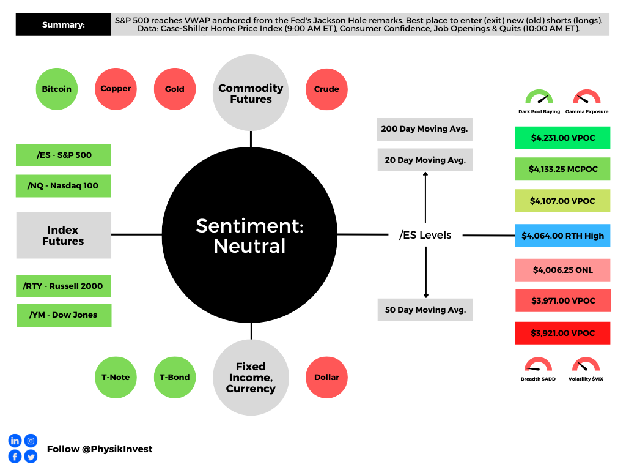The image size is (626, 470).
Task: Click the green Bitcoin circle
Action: pyautogui.click(x=57, y=89)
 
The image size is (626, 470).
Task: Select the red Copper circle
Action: pyautogui.click(x=116, y=89)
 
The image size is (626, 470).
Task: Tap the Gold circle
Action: pyautogui.click(x=175, y=89)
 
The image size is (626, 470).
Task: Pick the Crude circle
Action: pyautogui.click(x=326, y=89)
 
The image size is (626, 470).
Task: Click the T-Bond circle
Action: pyautogui.click(x=175, y=377)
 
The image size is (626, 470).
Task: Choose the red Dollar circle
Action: pyautogui.click(x=326, y=377)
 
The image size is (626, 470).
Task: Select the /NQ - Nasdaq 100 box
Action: pyautogui.click(x=63, y=186)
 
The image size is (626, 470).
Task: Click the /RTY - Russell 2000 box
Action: pyautogui.click(x=64, y=286)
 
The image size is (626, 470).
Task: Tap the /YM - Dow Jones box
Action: pyautogui.click(x=64, y=315)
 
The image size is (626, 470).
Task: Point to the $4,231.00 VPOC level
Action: pyautogui.click(x=562, y=138)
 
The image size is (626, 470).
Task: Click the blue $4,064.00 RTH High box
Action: pyautogui.click(x=562, y=236)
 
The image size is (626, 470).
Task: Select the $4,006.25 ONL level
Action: pyautogui.click(x=562, y=270)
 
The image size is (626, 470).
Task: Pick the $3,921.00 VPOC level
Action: pyautogui.click(x=562, y=333)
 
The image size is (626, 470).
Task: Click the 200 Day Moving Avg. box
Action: pyautogui.click(x=425, y=129)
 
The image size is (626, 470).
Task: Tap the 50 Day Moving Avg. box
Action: pyautogui.click(x=425, y=310)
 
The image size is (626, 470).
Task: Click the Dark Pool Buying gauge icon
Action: pyautogui.click(x=539, y=97)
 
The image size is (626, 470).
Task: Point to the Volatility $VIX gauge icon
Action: pyautogui.click(x=586, y=365)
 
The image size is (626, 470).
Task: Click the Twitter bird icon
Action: pyautogui.click(x=31, y=457)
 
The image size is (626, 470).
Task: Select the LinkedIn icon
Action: pyautogui.click(x=15, y=441)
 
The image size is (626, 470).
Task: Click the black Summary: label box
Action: pyautogui.click(x=63, y=24)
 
